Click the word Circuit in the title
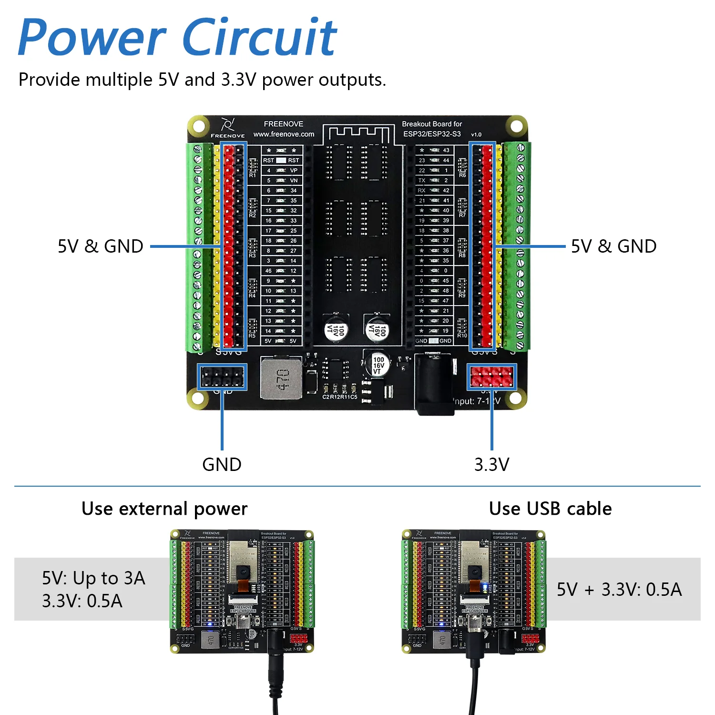coord(260,37)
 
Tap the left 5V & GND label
coord(101,246)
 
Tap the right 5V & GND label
coord(613,246)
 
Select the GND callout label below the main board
coord(222,464)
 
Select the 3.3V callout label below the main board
coord(491,464)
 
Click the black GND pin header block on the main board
coord(222,377)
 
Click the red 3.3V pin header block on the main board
coord(491,377)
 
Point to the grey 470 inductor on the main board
coord(282,379)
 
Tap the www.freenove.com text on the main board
coord(284,134)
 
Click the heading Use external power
coord(164,509)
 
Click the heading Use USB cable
coord(550,509)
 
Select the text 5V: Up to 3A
coord(93,578)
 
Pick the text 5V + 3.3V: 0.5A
coord(619,590)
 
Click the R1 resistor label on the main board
coord(252,175)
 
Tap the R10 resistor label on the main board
coord(462,336)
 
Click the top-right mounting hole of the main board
coord(516,126)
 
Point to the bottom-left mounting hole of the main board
coord(198,398)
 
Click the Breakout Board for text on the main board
coord(432,124)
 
